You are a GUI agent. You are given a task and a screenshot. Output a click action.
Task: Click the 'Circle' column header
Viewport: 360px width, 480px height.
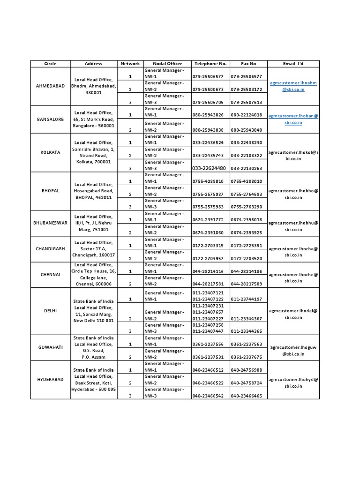pos(50,63)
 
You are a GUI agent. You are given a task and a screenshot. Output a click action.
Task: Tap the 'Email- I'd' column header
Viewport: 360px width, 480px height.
pos(293,63)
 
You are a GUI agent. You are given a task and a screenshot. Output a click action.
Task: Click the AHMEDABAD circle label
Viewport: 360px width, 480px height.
pos(50,86)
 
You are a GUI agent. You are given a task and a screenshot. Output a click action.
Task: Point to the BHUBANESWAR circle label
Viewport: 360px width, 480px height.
pos(50,223)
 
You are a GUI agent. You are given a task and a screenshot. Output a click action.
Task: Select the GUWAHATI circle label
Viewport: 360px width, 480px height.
pos(50,347)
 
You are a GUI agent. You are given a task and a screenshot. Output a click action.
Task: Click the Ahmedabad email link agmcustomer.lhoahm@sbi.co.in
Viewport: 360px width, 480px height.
pos(293,86)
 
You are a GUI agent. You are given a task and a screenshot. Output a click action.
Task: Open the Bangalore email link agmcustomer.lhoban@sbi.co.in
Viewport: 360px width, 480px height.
pos(293,119)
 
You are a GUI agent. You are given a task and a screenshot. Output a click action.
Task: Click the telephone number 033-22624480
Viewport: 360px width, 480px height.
pos(209,168)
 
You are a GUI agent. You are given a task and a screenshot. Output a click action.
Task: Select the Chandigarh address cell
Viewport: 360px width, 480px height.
pos(93,249)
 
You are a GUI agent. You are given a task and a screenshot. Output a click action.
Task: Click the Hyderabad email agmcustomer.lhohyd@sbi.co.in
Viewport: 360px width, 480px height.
pos(293,383)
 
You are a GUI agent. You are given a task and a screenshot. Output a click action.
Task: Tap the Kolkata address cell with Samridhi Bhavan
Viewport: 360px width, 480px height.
pos(93,152)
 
